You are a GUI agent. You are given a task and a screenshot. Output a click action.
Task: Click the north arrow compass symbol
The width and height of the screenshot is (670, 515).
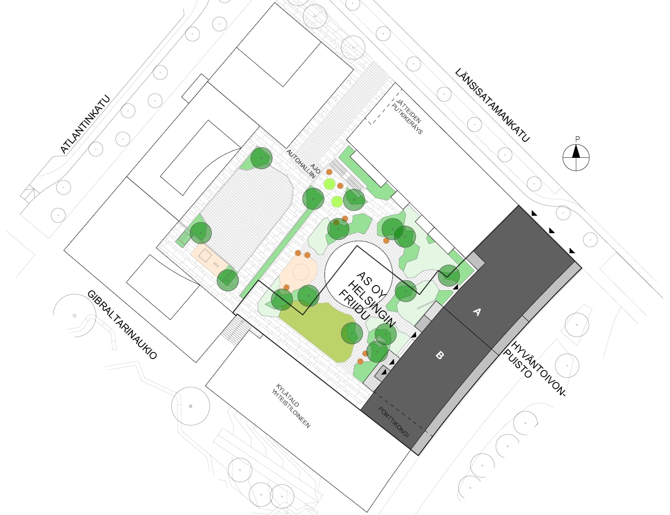(x=576, y=157)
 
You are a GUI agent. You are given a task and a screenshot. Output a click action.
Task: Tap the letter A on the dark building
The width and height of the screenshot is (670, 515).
(x=477, y=312)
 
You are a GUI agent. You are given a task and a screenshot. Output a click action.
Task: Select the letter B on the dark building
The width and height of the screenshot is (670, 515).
(x=440, y=355)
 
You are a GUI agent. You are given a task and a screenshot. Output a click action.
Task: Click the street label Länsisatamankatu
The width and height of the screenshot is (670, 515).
(x=492, y=105)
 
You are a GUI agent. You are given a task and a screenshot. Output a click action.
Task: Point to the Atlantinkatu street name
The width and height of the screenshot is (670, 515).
(x=85, y=124)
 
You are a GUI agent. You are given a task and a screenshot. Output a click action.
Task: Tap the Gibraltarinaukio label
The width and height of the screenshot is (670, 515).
(x=122, y=324)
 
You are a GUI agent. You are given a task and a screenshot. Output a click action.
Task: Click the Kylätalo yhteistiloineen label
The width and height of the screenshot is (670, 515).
(x=291, y=406)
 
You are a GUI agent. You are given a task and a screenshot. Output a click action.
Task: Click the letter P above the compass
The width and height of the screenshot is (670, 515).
(x=577, y=139)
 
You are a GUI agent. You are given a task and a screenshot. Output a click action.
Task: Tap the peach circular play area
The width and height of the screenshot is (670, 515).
(x=300, y=273)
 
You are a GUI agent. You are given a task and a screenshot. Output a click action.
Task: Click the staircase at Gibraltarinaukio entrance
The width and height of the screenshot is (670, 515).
(x=236, y=330)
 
